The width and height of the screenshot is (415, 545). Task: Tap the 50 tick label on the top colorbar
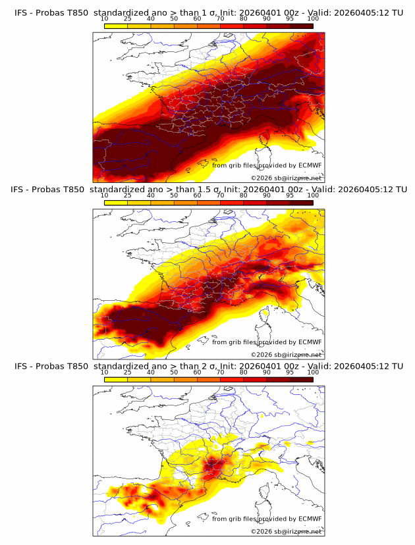click(x=174, y=19)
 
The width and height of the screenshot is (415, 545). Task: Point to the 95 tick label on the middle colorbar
click(x=290, y=195)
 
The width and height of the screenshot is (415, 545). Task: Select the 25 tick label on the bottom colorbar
click(x=128, y=372)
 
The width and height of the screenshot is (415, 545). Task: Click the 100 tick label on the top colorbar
click(x=313, y=19)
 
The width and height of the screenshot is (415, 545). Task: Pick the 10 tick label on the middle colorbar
click(x=105, y=195)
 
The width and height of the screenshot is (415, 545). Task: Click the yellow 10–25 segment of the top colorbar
click(x=116, y=25)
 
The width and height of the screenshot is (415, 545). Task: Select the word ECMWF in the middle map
click(x=310, y=342)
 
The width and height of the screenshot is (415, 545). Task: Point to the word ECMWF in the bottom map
click(x=310, y=519)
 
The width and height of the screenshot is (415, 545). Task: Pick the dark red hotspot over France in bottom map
click(x=212, y=467)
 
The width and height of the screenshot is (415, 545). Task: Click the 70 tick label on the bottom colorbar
click(x=220, y=372)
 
